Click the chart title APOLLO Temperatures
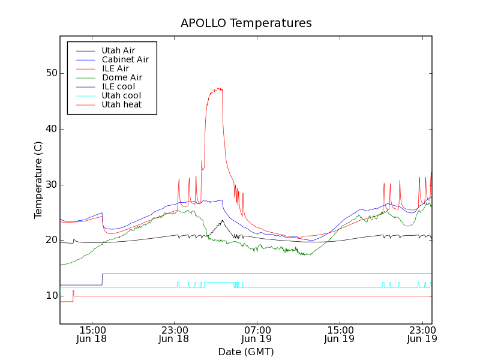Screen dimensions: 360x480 pos(246,23)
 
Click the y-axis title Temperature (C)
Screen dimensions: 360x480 pos(38,180)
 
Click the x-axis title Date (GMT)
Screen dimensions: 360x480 pos(246,352)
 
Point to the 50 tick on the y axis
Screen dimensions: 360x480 pos(52,73)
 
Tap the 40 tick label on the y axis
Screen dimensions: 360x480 pos(52,129)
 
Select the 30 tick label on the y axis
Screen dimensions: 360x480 pos(52,185)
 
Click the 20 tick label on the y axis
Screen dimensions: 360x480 pos(52,240)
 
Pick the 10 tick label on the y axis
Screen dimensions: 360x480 pos(52,296)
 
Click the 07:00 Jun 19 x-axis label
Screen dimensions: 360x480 pos(257,334)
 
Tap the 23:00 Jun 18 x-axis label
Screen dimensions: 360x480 pos(174,334)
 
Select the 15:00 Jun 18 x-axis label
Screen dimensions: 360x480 pos(91,334)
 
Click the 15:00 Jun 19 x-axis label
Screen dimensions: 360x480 pos(340,334)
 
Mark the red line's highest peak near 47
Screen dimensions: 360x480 pos(220,89)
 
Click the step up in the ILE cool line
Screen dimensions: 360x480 pos(102,279)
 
